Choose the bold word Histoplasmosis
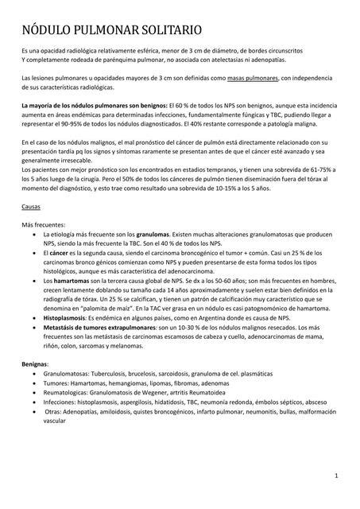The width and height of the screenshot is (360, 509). (x=68, y=316)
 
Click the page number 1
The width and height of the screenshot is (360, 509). (x=337, y=476)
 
